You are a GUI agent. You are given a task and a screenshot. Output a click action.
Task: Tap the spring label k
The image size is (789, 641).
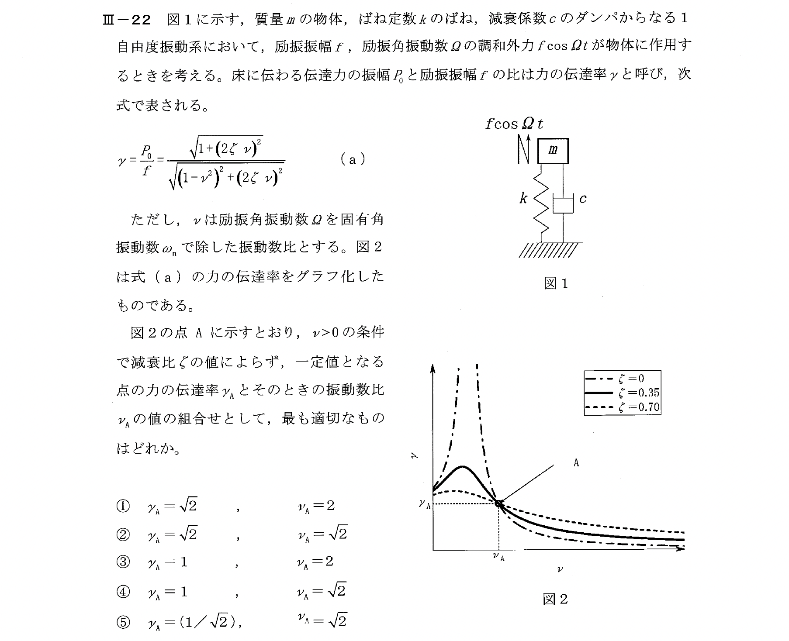[x=523, y=199]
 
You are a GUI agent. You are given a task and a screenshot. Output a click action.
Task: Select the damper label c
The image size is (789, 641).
[x=583, y=199]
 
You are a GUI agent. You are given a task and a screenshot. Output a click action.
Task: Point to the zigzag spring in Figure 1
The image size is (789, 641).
[x=541, y=202]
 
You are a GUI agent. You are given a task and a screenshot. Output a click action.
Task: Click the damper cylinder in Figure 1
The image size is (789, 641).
[x=563, y=204]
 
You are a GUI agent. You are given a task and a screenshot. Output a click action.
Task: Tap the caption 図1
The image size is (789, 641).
[x=556, y=284]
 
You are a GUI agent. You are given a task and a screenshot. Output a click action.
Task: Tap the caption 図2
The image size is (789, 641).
[x=555, y=600]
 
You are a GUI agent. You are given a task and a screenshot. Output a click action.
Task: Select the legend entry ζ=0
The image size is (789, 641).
[x=631, y=379]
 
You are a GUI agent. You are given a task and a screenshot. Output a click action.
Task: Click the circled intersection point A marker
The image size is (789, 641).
[x=498, y=503]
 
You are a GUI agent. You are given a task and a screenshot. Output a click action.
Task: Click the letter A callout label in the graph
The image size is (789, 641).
[x=576, y=463]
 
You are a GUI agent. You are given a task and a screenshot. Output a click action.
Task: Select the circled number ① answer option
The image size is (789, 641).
[x=123, y=507]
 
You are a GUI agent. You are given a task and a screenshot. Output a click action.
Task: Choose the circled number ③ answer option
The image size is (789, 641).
[x=123, y=562]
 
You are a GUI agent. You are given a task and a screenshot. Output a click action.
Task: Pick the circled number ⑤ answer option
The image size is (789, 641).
[x=123, y=622]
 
